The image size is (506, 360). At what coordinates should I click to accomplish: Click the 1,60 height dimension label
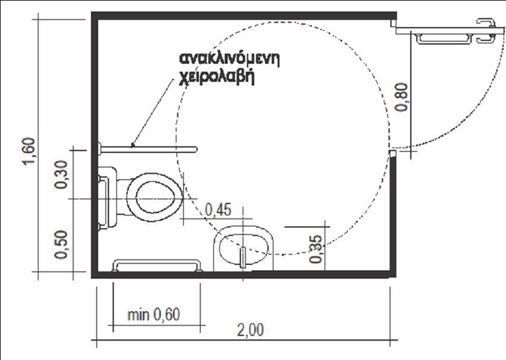(29, 151)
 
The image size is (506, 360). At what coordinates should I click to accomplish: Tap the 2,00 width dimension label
(250, 330)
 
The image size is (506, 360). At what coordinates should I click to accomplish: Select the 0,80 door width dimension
(402, 97)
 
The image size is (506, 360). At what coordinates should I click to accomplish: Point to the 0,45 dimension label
(218, 210)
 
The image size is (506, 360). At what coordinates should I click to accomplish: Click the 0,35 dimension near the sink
(316, 249)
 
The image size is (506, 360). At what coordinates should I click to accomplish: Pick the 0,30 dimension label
(61, 174)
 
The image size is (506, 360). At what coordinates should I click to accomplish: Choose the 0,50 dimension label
(61, 244)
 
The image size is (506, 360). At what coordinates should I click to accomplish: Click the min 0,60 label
(154, 314)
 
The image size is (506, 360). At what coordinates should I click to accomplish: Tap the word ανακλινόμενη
(230, 59)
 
